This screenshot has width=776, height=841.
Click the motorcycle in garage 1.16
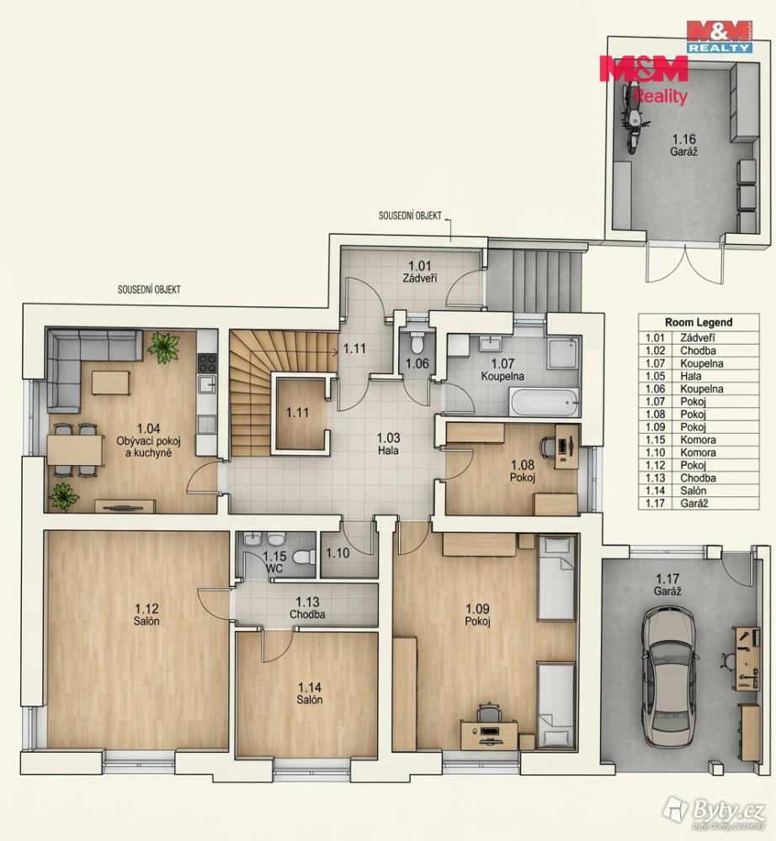(x=633, y=119)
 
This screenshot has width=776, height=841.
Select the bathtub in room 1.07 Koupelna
(x=544, y=402)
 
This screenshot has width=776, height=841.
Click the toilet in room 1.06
(x=417, y=341)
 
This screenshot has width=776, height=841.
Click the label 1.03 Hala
(x=388, y=444)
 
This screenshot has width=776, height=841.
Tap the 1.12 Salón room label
(x=146, y=615)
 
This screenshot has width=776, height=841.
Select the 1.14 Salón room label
(x=310, y=694)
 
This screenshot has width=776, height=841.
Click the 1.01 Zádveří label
(x=420, y=272)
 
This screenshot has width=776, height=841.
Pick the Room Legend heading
(x=699, y=322)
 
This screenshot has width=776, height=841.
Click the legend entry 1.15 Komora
(x=681, y=440)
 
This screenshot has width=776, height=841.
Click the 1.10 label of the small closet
(x=338, y=553)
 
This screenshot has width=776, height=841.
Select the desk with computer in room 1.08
(x=566, y=447)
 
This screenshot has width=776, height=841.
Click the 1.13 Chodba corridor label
(x=307, y=608)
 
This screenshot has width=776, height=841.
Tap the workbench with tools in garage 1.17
(x=747, y=659)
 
